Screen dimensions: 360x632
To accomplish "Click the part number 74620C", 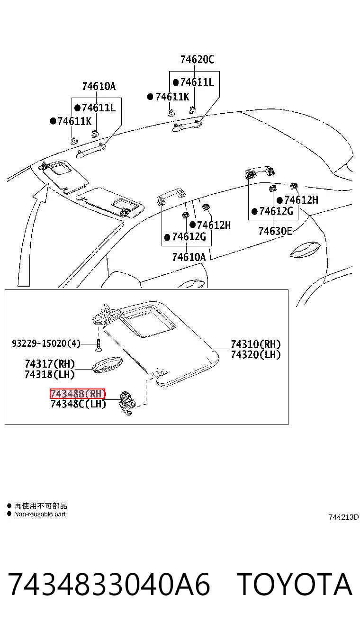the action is tap(197, 60).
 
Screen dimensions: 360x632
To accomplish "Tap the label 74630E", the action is tap(275, 231).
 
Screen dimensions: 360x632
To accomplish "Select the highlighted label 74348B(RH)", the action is tap(78, 393).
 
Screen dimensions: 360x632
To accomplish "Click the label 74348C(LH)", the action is tap(78, 404).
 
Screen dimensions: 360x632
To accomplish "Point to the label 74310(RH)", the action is tap(256, 344).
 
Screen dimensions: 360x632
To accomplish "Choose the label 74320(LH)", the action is tap(256, 354).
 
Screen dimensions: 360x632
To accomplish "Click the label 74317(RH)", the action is tap(50, 364).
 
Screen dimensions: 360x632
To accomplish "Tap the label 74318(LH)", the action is tap(50, 374).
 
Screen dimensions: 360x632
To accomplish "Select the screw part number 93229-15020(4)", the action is tap(46, 343).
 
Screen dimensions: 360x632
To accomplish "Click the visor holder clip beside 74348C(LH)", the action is tap(126, 403).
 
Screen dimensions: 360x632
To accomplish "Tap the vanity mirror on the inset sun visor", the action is tap(148, 325).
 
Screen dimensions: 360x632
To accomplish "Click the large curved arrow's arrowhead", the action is tap(42, 192).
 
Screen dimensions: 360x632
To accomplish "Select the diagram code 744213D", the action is tap(343, 517).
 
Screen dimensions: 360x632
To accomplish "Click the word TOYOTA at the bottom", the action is tap(294, 584).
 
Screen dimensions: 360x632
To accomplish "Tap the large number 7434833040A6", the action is tap(108, 584).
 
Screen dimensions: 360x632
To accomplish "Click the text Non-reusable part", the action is tap(40, 514).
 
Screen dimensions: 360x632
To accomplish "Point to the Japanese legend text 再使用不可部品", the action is tap(41, 506).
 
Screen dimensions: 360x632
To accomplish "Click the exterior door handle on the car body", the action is tap(305, 250).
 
